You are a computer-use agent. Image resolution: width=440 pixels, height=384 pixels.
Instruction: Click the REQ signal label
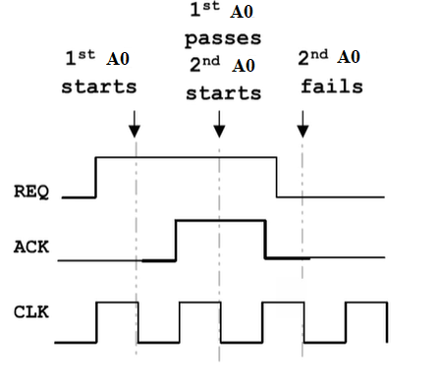coord(32,190)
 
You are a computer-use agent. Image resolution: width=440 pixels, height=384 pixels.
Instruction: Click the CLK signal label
coord(32,315)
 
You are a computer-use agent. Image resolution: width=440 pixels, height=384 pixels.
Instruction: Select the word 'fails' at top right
coord(331,86)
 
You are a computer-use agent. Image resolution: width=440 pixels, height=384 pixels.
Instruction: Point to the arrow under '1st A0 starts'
coord(136,124)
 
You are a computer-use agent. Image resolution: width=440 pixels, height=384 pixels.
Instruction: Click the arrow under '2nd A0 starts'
coord(218,124)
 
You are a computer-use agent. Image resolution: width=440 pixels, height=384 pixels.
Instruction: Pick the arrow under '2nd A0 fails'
coord(302,124)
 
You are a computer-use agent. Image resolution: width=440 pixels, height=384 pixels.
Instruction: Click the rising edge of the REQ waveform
coord(95,177)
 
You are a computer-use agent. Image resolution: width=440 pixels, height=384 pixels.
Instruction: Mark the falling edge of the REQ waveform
coord(276,177)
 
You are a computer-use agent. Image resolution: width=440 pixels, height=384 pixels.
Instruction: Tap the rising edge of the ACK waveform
coord(176,241)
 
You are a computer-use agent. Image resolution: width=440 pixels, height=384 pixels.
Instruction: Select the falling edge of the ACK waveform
coord(266,241)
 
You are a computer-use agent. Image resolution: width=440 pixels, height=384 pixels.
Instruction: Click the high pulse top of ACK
coord(221,221)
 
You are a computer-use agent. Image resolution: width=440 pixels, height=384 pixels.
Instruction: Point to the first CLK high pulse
coord(117,303)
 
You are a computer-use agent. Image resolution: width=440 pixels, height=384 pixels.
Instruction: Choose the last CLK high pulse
coord(365,303)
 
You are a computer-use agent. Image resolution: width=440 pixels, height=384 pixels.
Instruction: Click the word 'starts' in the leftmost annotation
coord(99,86)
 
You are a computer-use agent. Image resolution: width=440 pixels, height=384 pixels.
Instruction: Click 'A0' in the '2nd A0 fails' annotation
coord(350,59)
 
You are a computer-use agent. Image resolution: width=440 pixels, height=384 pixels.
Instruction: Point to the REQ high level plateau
coord(187,157)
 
